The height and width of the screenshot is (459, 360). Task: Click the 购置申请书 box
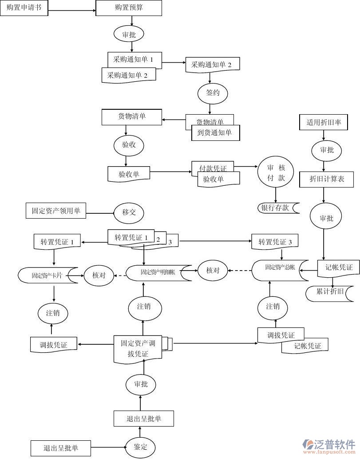24,8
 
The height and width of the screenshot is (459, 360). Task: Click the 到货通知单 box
215,132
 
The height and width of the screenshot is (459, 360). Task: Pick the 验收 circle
129,145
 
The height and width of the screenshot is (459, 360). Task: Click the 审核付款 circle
276,172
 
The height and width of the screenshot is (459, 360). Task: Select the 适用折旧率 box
324,122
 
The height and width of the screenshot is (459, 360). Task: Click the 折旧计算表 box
326,179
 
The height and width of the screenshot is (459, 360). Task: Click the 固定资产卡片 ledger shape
48,275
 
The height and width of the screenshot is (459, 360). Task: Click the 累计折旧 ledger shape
330,292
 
